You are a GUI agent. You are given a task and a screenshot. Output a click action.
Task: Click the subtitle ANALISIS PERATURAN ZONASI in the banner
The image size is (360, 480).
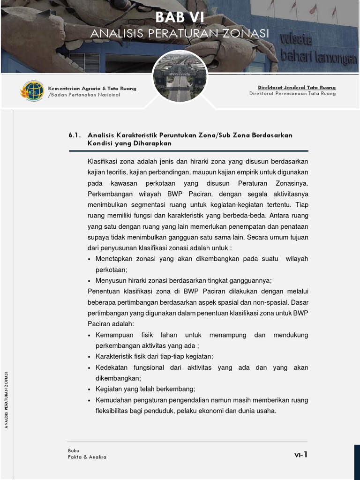click(x=180, y=34)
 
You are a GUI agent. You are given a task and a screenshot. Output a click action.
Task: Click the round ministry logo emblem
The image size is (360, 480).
click(x=32, y=91)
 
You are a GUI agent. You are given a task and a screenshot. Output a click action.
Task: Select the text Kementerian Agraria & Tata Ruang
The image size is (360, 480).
click(x=92, y=88)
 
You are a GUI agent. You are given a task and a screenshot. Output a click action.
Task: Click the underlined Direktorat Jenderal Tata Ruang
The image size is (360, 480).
click(x=296, y=88)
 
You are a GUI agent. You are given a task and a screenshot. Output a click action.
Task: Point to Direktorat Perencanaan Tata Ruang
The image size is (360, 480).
click(x=292, y=94)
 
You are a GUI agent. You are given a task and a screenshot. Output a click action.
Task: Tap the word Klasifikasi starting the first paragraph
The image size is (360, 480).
click(x=103, y=161)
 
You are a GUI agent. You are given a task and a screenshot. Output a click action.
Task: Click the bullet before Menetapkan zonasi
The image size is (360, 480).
click(x=90, y=259)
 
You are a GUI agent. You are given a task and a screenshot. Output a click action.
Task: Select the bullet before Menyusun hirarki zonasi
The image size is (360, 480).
click(x=90, y=281)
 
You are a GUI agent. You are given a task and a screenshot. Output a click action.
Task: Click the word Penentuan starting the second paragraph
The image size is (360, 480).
click(x=103, y=292)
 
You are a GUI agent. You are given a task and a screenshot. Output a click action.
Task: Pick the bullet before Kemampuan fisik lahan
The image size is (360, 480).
click(x=90, y=336)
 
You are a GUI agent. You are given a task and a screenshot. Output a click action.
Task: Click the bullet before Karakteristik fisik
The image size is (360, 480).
click(x=90, y=357)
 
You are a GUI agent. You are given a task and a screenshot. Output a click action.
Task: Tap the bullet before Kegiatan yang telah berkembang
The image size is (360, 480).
click(x=90, y=390)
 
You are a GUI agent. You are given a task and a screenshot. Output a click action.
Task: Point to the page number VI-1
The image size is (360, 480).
click(x=300, y=454)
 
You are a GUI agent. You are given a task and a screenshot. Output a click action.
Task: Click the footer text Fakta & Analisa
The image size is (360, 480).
click(x=87, y=457)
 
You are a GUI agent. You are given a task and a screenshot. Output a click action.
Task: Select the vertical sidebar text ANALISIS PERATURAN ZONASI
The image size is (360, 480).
click(x=6, y=399)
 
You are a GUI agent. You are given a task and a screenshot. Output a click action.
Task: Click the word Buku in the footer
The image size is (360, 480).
click(x=73, y=450)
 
